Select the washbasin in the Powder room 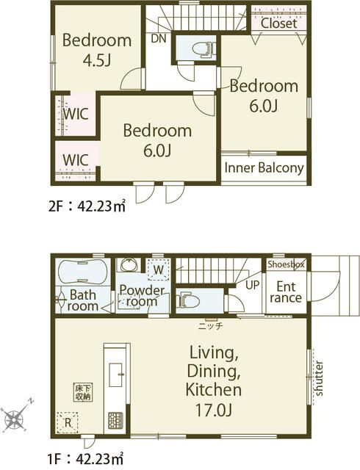click(129, 264)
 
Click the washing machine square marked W click(159, 270)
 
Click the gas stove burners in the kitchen click(116, 419)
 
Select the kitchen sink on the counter click(116, 375)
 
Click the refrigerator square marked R click(68, 423)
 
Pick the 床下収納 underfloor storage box click(83, 392)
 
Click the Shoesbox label click(286, 264)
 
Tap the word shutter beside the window click(319, 378)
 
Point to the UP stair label click(252, 285)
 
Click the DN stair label click(159, 38)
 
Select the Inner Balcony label click(264, 168)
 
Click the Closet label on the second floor click(279, 23)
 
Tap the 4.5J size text click(97, 60)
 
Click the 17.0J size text click(213, 410)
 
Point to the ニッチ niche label click(211, 326)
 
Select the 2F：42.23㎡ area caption click(87, 206)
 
